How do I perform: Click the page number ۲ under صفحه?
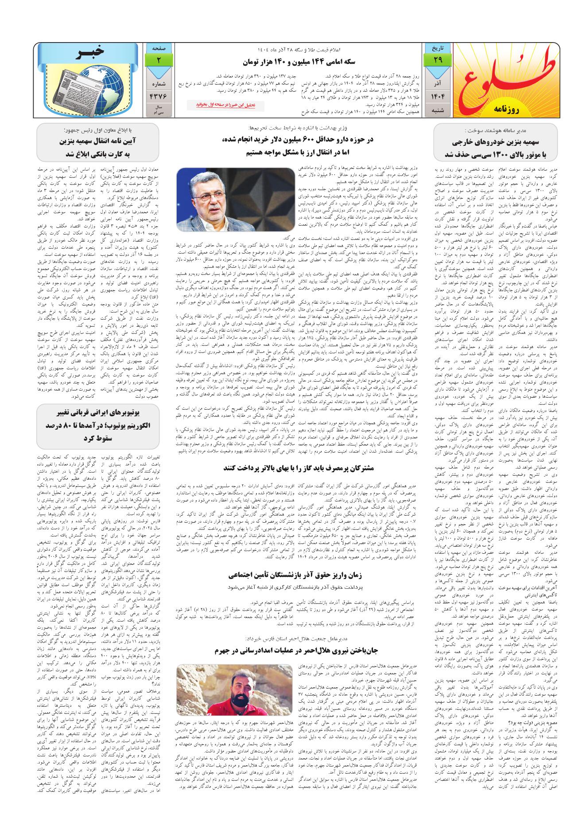[x=159, y=59]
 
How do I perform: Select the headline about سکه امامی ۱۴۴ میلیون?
[x=293, y=62]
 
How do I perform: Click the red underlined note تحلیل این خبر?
[x=230, y=105]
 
